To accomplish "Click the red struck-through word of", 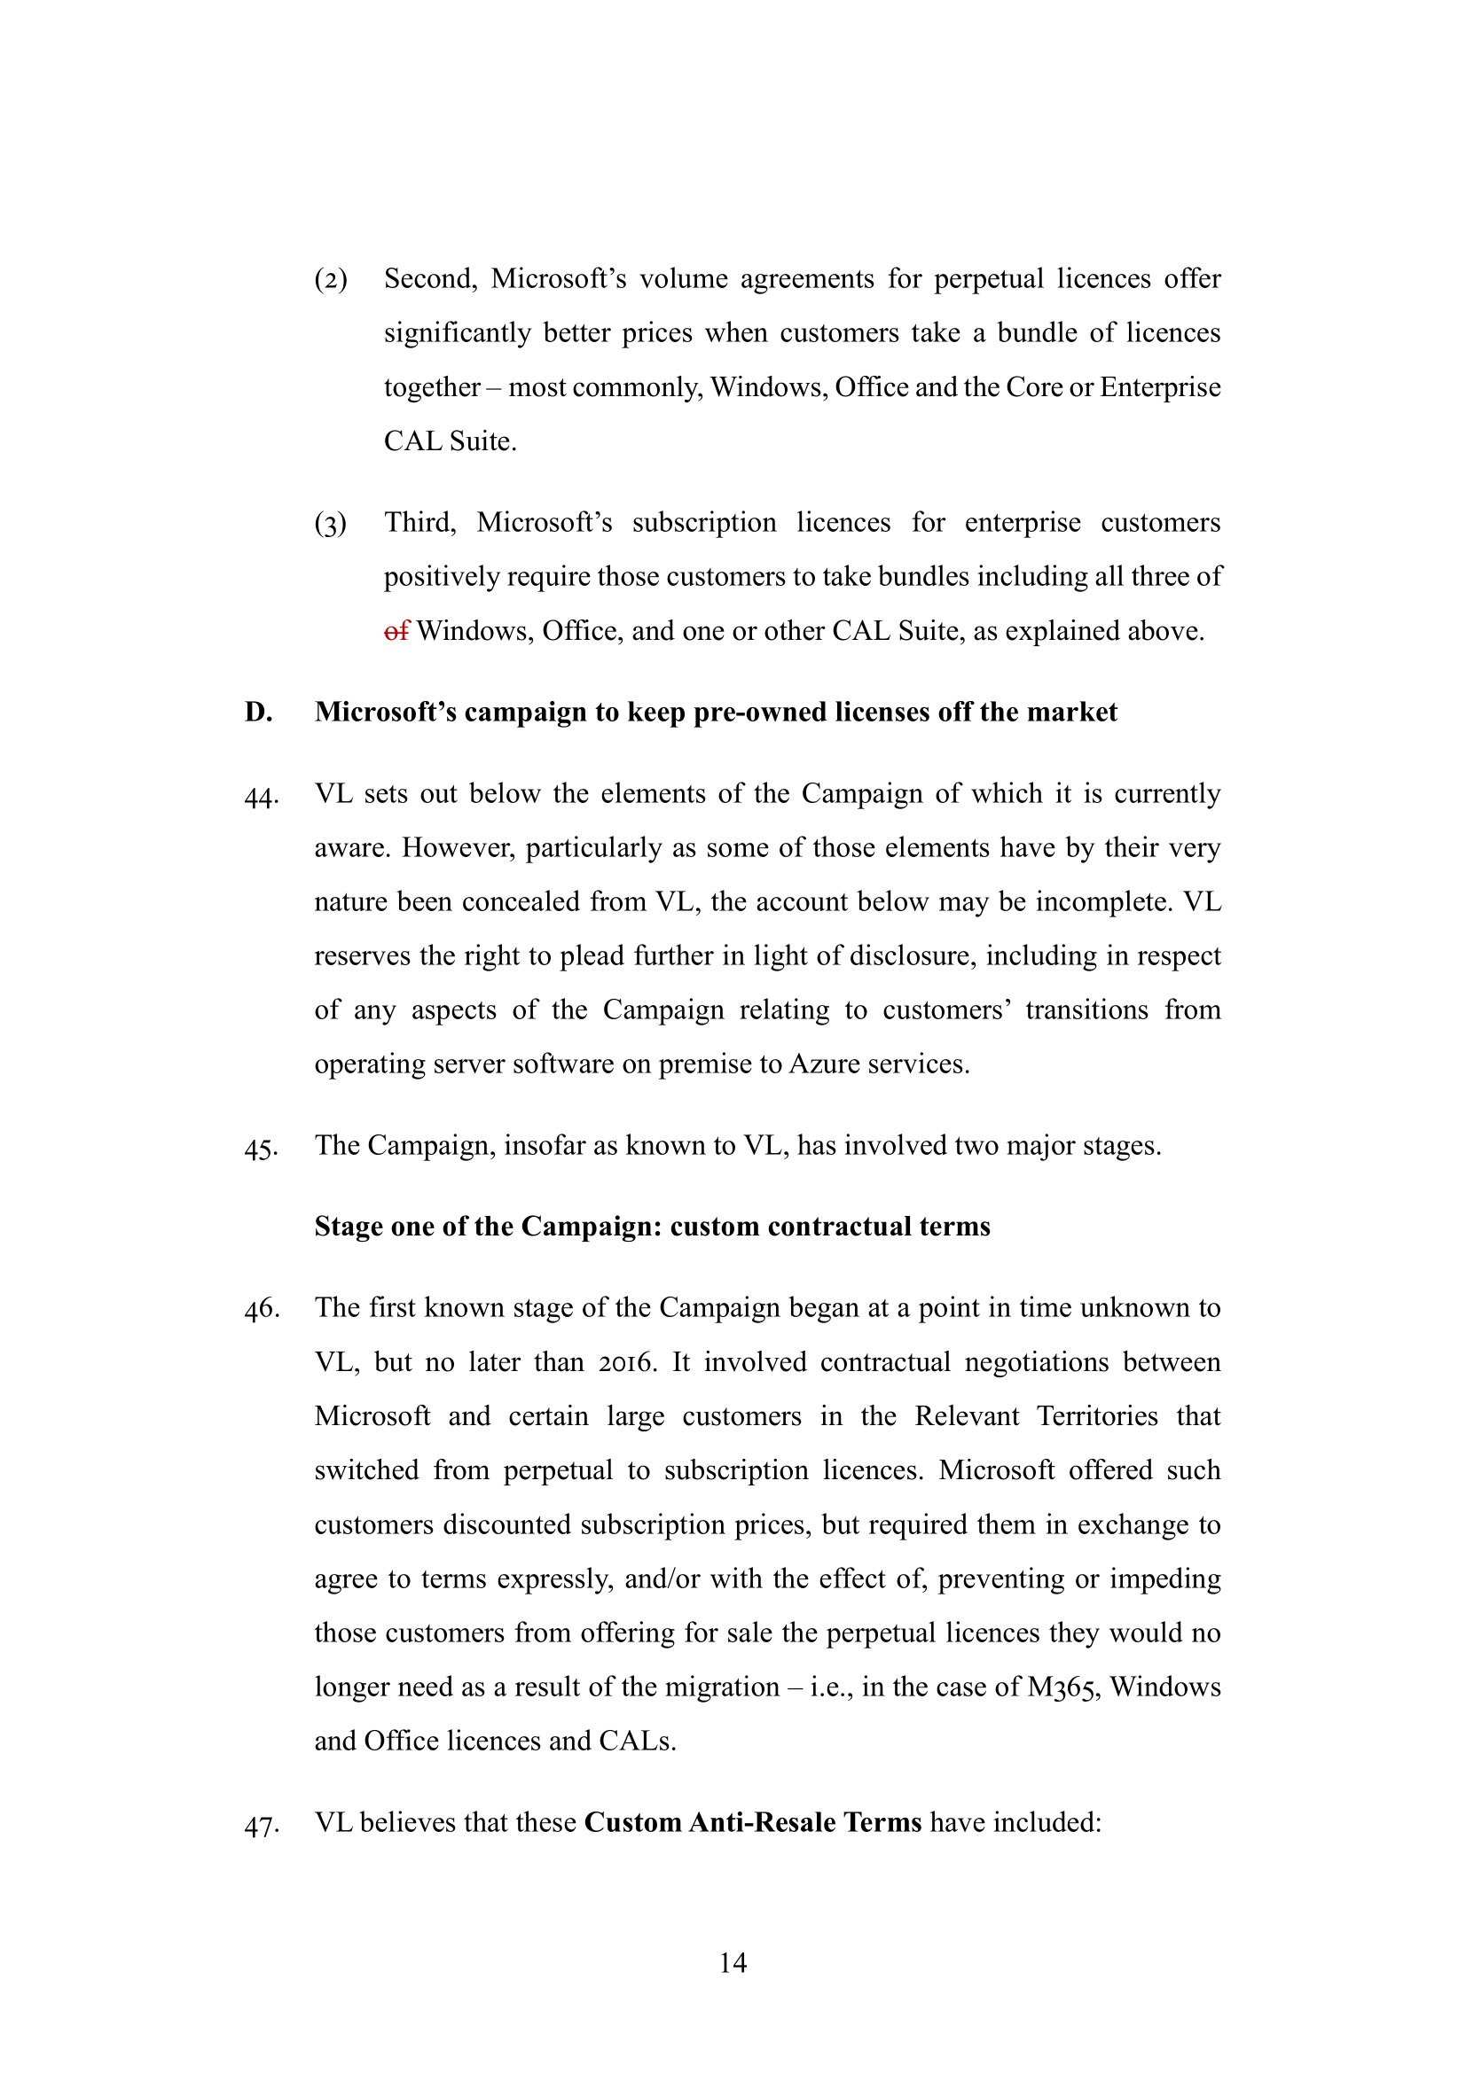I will (396, 630).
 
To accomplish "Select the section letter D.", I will (257, 712).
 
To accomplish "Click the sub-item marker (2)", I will (331, 279).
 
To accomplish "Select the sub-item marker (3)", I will (331, 523).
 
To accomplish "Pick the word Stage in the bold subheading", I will (349, 1226).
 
